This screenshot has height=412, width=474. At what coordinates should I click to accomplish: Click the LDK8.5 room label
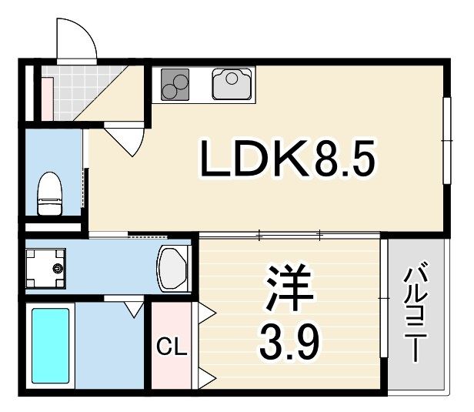coord(286,159)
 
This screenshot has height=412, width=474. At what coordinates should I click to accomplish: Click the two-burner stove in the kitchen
coord(176,84)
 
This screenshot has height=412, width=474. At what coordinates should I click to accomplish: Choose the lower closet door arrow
coord(206,377)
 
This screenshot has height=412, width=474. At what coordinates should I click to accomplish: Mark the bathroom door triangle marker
coord(134,310)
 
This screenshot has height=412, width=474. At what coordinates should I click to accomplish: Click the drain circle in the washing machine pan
coord(56,268)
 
